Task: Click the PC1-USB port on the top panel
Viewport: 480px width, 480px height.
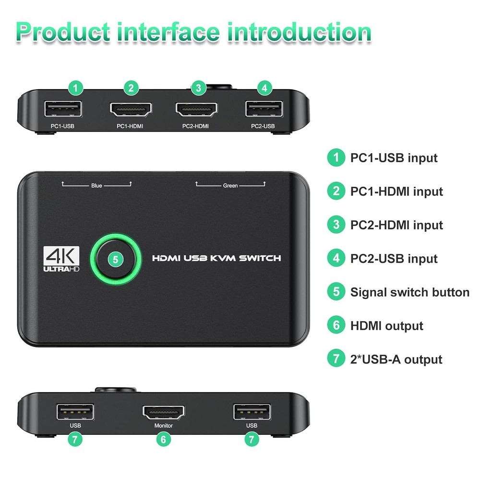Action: (62, 109)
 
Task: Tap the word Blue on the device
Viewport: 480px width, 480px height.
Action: (96, 185)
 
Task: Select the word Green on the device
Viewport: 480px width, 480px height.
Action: (230, 185)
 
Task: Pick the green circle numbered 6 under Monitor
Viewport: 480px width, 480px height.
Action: (163, 439)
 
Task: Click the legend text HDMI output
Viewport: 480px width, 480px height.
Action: (386, 326)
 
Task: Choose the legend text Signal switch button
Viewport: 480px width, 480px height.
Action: (409, 292)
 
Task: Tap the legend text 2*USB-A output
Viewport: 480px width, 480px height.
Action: (396, 360)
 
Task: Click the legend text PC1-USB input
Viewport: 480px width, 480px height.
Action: (394, 158)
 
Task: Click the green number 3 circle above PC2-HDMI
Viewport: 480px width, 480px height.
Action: (198, 88)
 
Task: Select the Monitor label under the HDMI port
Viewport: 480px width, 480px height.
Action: (163, 425)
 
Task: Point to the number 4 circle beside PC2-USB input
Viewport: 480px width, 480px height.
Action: (336, 259)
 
